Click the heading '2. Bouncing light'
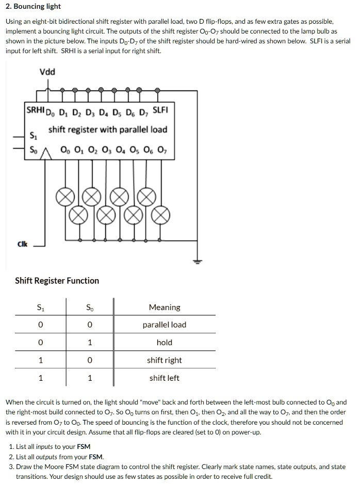tap(33, 7)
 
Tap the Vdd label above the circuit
tap(47, 72)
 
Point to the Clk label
tap(22, 245)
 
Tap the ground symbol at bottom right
tap(197, 261)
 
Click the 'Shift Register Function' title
tap(57, 281)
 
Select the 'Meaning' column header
tap(165, 308)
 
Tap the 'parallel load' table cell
tap(165, 325)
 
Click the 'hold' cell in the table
tap(165, 343)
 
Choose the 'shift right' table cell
tap(165, 360)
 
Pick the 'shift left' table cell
tap(165, 378)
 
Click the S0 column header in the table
tap(90, 308)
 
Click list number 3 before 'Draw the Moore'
tap(11, 466)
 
